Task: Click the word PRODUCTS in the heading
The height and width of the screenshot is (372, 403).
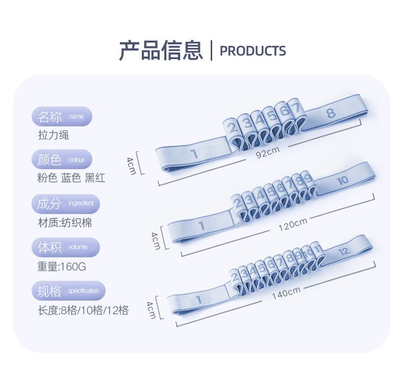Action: coord(253,51)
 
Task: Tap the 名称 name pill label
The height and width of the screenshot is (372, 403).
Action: coord(62,117)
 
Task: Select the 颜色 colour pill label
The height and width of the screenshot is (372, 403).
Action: coord(62,160)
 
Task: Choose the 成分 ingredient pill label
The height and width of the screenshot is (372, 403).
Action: coord(65,204)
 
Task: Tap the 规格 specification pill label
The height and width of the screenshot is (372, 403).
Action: coord(68,291)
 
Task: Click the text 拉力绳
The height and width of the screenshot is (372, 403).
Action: coord(53,135)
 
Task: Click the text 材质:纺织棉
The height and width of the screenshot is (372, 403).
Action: coord(64,223)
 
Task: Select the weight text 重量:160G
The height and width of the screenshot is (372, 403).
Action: coord(62,266)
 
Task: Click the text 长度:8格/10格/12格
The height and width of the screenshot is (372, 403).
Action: coord(83,310)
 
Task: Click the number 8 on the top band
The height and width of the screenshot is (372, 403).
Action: coord(331,113)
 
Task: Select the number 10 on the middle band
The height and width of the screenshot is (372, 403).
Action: coord(342,180)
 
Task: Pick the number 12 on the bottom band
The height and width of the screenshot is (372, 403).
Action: coord(344,251)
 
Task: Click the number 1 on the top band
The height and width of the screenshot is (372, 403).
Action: coord(194,153)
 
